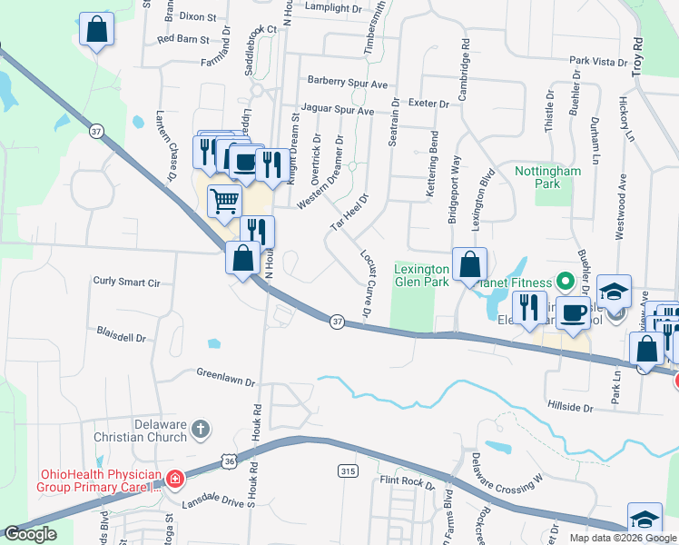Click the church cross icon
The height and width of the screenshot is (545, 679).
(x=201, y=428)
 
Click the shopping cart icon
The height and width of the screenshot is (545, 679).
(x=224, y=201)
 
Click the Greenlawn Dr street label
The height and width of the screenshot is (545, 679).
(x=226, y=377)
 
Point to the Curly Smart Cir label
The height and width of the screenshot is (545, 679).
(x=126, y=282)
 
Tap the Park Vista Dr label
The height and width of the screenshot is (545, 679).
(x=598, y=61)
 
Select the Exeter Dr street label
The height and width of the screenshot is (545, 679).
(x=429, y=104)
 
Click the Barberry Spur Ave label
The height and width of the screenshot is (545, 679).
(x=347, y=83)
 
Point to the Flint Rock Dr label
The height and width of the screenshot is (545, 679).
(x=408, y=481)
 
